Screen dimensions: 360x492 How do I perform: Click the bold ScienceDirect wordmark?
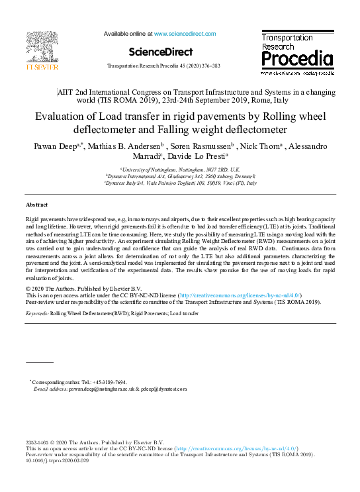tap(160, 52)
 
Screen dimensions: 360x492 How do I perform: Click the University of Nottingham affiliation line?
tap(180, 170)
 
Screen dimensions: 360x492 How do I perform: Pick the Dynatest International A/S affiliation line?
tap(180, 176)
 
